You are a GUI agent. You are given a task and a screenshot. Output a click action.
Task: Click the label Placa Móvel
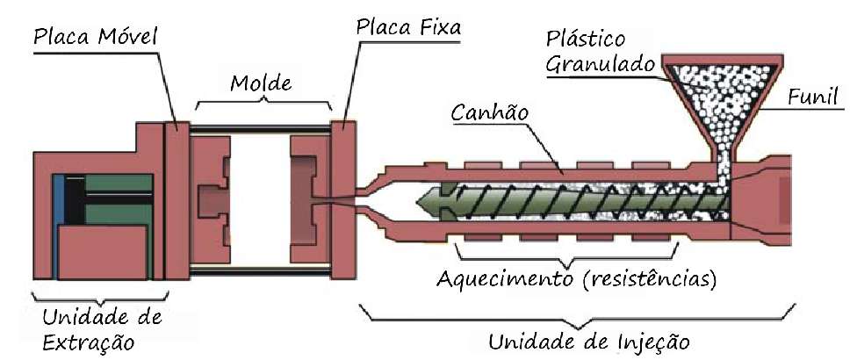pos(96,37)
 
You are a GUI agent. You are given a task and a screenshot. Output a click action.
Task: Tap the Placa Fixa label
pos(409,27)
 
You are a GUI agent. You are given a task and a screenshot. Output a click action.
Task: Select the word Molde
pos(261,83)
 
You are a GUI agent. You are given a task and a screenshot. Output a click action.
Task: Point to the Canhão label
pos(490,113)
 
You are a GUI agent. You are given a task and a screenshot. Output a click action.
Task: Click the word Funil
pos(812,97)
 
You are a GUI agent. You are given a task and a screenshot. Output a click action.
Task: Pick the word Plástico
pos(586,40)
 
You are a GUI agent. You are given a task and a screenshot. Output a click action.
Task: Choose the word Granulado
pos(600,65)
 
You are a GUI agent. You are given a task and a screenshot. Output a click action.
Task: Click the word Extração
pos(88,342)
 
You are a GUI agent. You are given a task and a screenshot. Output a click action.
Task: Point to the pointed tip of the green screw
pos(417,202)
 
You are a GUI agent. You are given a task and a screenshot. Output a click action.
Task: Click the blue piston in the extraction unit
pos(59,199)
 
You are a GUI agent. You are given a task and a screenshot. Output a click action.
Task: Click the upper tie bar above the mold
pos(260,129)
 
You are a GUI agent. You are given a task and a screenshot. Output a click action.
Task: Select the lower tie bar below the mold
pos(260,270)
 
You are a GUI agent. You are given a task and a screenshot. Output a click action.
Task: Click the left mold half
pos(211,200)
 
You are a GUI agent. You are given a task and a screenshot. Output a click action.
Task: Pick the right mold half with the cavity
pos(310,200)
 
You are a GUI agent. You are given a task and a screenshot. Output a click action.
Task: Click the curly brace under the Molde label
pos(263,102)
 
